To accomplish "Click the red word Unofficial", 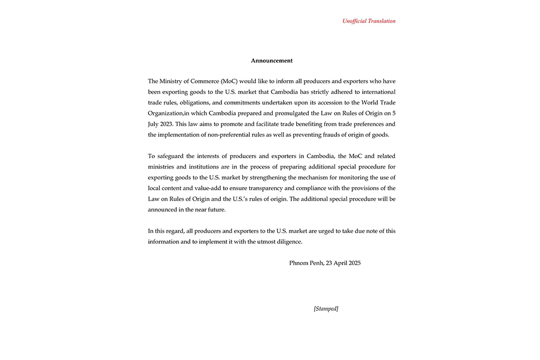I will (x=355, y=21).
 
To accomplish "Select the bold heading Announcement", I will (x=272, y=61).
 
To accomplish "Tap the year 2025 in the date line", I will (x=354, y=263).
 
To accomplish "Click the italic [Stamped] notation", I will (x=326, y=309).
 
